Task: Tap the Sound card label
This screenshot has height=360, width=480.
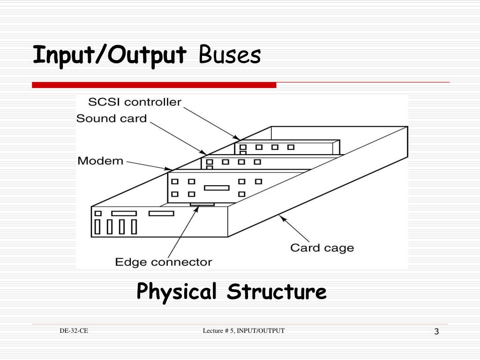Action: click(x=112, y=118)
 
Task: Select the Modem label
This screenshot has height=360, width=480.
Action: click(x=100, y=161)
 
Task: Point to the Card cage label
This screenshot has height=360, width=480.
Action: click(x=322, y=247)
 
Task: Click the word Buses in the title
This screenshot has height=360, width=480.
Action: click(x=229, y=55)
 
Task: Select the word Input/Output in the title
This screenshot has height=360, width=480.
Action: click(x=109, y=55)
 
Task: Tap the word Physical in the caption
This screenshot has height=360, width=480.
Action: click(x=177, y=292)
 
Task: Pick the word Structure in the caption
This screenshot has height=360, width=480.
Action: click(x=277, y=292)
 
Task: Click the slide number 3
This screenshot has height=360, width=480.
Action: click(x=436, y=332)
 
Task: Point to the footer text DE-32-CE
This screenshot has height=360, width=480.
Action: click(x=74, y=331)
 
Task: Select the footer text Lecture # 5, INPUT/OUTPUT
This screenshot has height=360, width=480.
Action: click(x=244, y=331)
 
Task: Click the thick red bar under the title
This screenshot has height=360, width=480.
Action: click(x=154, y=85)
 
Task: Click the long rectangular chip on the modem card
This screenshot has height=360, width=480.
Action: click(x=217, y=187)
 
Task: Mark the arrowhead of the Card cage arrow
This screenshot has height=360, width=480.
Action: click(x=281, y=217)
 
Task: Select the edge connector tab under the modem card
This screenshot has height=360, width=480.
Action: click(x=202, y=204)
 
